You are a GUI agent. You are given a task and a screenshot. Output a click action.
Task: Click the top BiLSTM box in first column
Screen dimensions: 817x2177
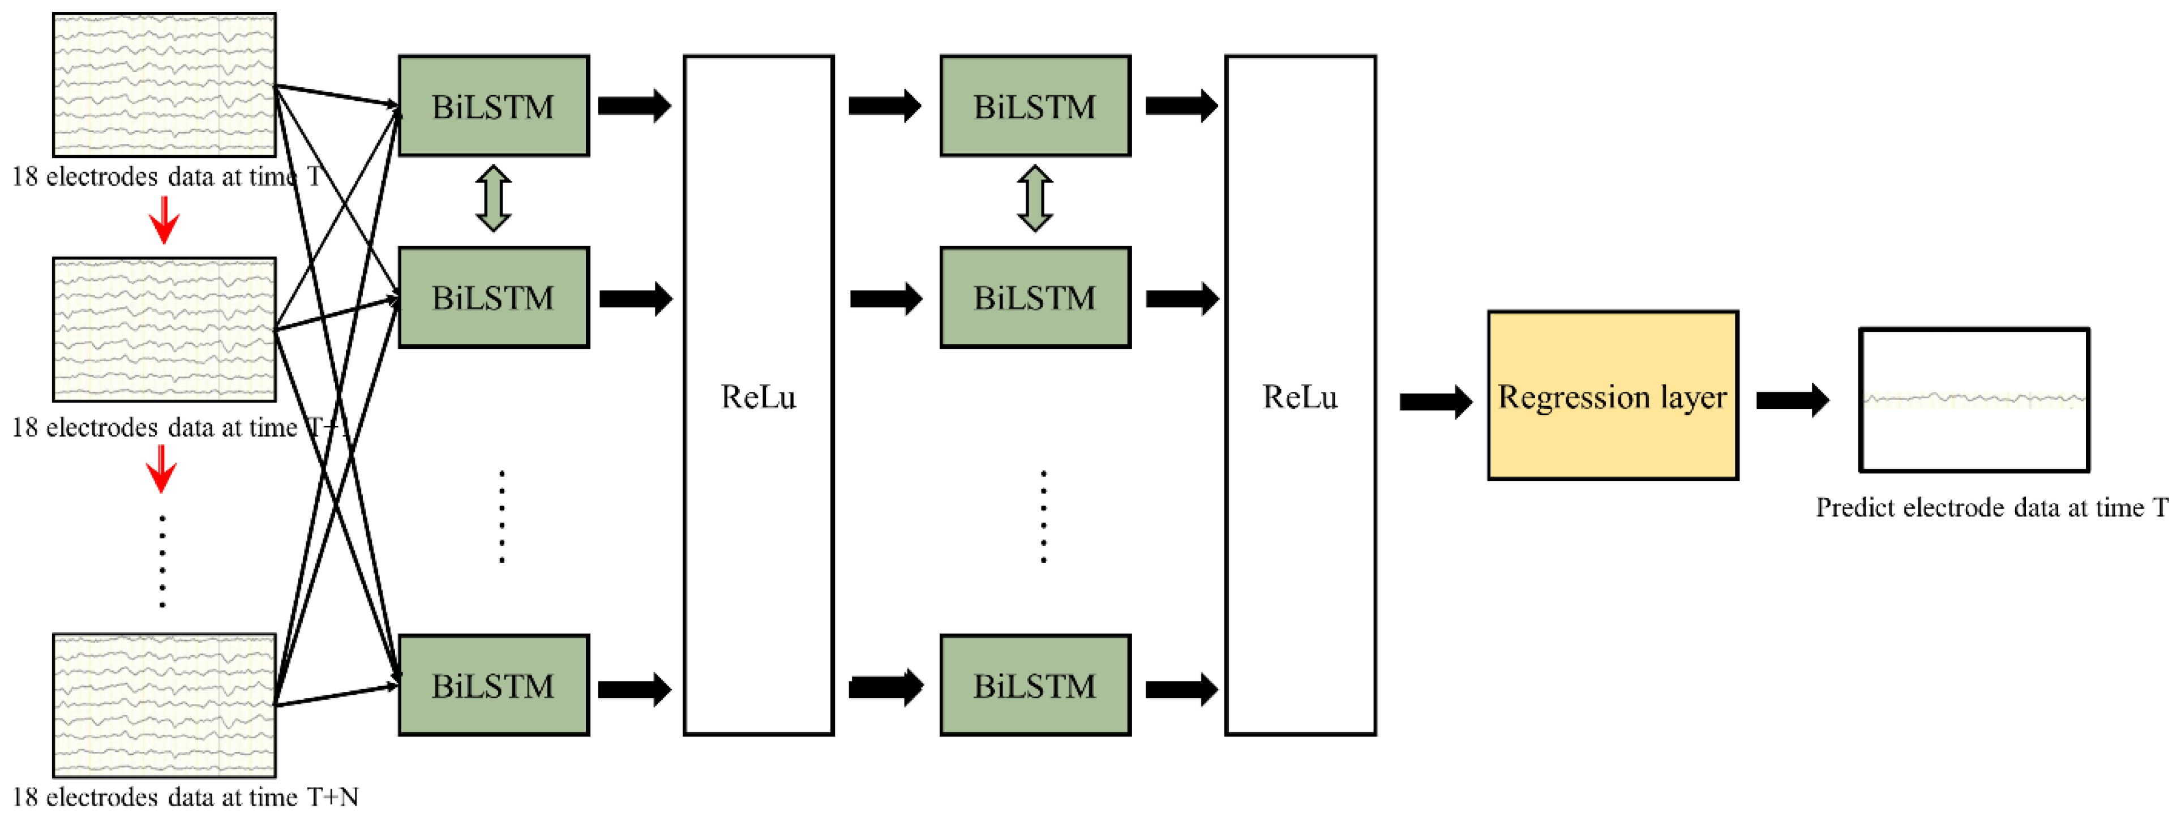tap(494, 106)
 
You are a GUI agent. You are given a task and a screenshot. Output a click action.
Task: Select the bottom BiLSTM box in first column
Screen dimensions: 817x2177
tap(494, 685)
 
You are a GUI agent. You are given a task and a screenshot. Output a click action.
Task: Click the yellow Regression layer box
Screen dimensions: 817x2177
tap(1613, 395)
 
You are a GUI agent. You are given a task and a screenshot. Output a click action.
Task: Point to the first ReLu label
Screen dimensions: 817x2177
tap(758, 397)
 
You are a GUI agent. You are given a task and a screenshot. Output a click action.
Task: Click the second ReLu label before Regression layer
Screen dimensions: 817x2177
tap(1300, 397)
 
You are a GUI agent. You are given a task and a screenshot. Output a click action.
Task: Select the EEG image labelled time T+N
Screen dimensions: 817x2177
tap(164, 705)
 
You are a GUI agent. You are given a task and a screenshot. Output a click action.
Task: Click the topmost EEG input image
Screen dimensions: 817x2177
tap(164, 84)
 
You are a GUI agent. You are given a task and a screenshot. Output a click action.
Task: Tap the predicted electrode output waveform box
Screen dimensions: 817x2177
tap(1974, 400)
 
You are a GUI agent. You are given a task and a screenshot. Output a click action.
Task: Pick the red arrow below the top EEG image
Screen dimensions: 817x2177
tap(164, 220)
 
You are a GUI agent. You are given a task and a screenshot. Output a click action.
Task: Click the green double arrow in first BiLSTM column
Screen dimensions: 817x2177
tap(494, 199)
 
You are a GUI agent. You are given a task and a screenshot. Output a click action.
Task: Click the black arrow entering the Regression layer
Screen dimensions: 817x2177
tap(1435, 401)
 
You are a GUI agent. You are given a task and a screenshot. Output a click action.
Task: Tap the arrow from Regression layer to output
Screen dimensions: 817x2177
tap(1792, 400)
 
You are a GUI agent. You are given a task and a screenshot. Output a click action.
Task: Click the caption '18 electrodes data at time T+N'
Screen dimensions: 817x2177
tap(186, 797)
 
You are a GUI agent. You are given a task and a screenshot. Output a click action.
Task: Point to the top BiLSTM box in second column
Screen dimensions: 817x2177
tap(1035, 106)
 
